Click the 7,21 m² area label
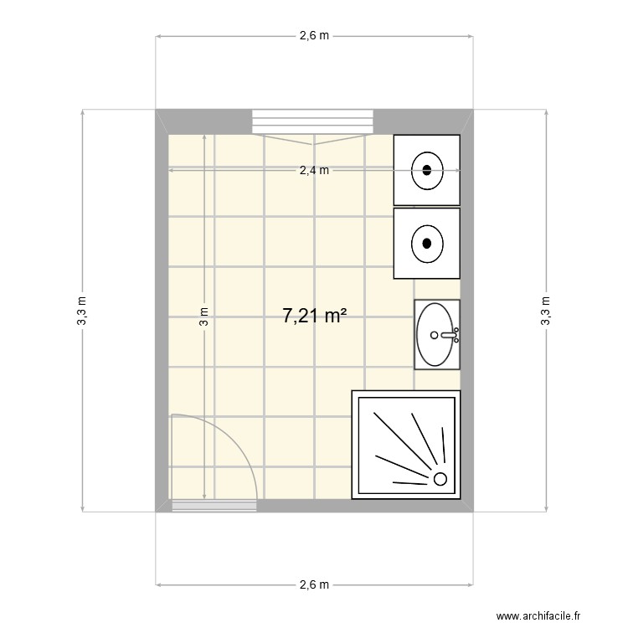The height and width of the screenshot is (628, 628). (315, 316)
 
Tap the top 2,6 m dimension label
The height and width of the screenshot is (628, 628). (315, 36)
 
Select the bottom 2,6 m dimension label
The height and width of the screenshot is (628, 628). (315, 584)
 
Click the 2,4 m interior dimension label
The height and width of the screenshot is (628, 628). (315, 171)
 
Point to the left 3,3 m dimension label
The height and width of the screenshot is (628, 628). (82, 310)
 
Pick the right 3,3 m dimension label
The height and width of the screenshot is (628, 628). (546, 310)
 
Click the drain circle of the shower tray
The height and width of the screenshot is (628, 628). (440, 479)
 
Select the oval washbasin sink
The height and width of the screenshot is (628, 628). (436, 335)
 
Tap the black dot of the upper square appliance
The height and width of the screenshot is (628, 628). (427, 170)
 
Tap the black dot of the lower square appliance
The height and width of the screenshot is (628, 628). (427, 244)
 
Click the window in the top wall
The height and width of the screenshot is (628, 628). (312, 121)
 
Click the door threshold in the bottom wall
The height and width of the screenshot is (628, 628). (214, 505)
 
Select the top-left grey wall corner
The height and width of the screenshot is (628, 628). (162, 116)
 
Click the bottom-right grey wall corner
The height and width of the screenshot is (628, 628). (466, 505)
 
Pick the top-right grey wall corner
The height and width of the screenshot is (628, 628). (466, 116)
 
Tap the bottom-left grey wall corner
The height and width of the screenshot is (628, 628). (162, 505)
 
